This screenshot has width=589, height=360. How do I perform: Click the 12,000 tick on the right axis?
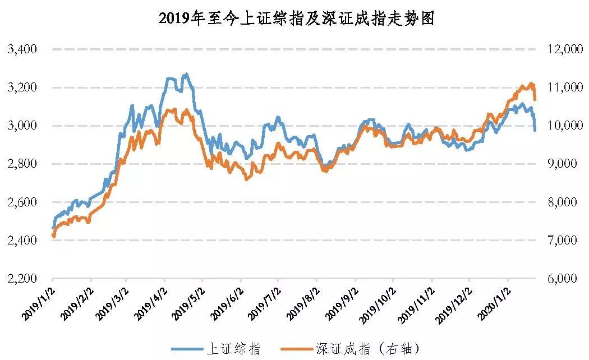(564, 49)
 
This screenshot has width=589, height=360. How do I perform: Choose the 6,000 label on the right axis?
(564, 279)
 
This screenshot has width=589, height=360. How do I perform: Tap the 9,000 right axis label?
(564, 164)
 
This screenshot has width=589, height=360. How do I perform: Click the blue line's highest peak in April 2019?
(186, 73)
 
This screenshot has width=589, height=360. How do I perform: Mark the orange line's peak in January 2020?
(531, 84)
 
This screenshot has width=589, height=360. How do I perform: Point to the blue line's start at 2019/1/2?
(53, 228)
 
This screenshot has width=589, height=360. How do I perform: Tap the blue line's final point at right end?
(535, 130)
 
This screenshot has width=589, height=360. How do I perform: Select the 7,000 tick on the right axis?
(564, 241)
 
